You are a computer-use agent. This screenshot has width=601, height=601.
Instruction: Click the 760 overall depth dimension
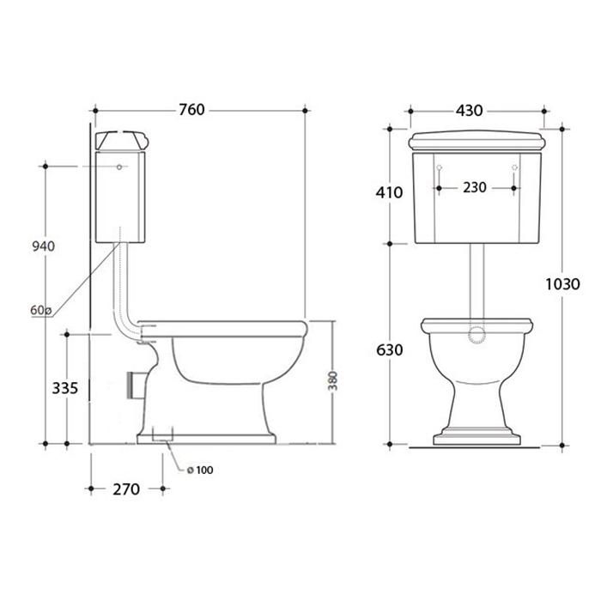[x=192, y=110]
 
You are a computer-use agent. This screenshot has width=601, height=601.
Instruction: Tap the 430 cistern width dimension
[x=469, y=111]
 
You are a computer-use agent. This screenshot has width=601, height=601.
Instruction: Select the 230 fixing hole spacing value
[x=475, y=187]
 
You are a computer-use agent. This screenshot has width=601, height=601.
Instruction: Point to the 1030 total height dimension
[x=562, y=284]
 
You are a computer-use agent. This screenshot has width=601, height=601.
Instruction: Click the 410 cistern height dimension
[x=389, y=192]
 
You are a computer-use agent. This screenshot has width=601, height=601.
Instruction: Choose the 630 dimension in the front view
[x=390, y=350]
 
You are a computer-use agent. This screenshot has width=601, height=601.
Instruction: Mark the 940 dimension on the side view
[x=43, y=246]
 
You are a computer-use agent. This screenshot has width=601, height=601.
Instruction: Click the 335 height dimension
[x=64, y=388]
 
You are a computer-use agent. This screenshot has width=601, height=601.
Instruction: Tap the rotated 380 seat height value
[x=333, y=380]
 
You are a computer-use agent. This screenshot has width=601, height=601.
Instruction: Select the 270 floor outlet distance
[x=126, y=489]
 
